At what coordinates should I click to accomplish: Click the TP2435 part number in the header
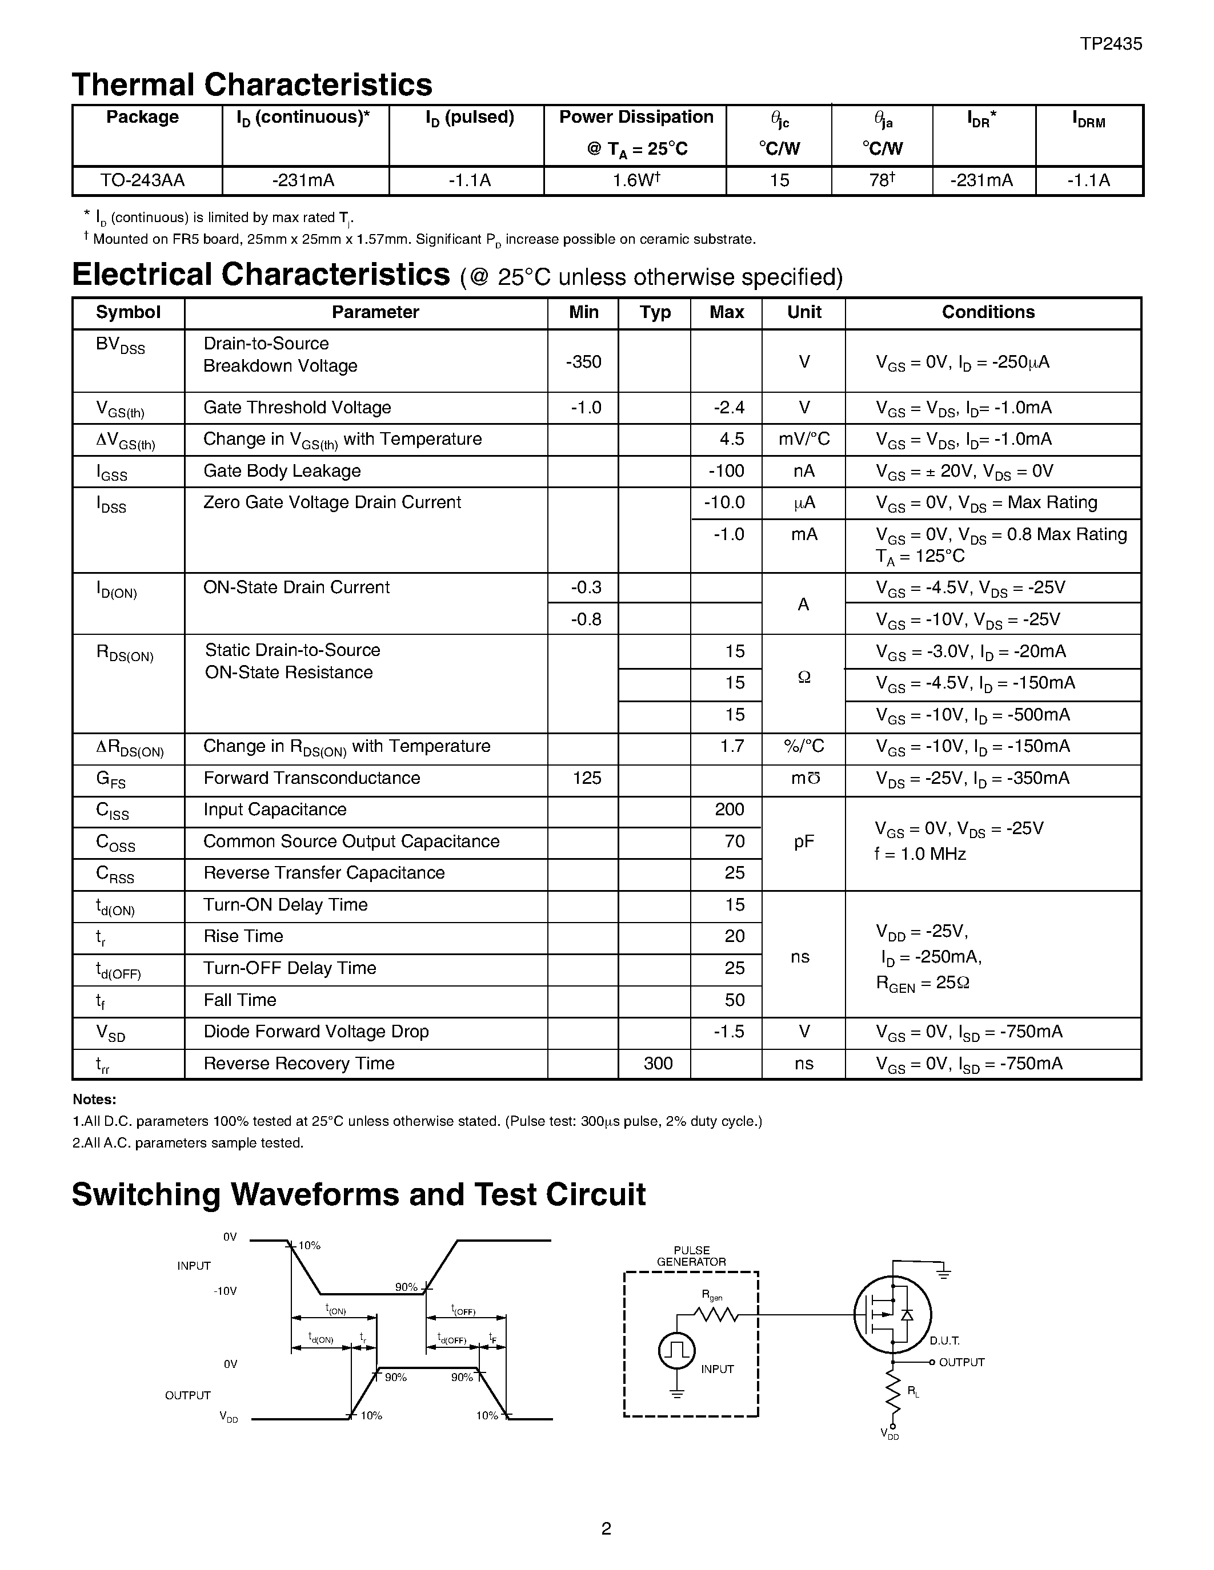(x=1111, y=44)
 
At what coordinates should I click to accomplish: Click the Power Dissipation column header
(x=636, y=117)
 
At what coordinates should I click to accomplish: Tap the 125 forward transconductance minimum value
(x=587, y=778)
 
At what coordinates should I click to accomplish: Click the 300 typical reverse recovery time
(x=658, y=1063)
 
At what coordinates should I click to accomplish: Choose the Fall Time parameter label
(x=239, y=1000)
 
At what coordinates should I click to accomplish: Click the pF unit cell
(x=803, y=842)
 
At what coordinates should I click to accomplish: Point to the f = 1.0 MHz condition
(x=920, y=854)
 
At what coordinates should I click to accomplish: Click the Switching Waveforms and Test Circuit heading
(x=358, y=1195)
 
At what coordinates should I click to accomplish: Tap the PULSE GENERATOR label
(x=691, y=1256)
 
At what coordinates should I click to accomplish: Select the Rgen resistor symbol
(x=716, y=1314)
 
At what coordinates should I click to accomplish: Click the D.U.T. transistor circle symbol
(x=892, y=1315)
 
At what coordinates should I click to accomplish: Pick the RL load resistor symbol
(x=892, y=1392)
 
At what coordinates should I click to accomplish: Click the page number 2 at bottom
(x=606, y=1528)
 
